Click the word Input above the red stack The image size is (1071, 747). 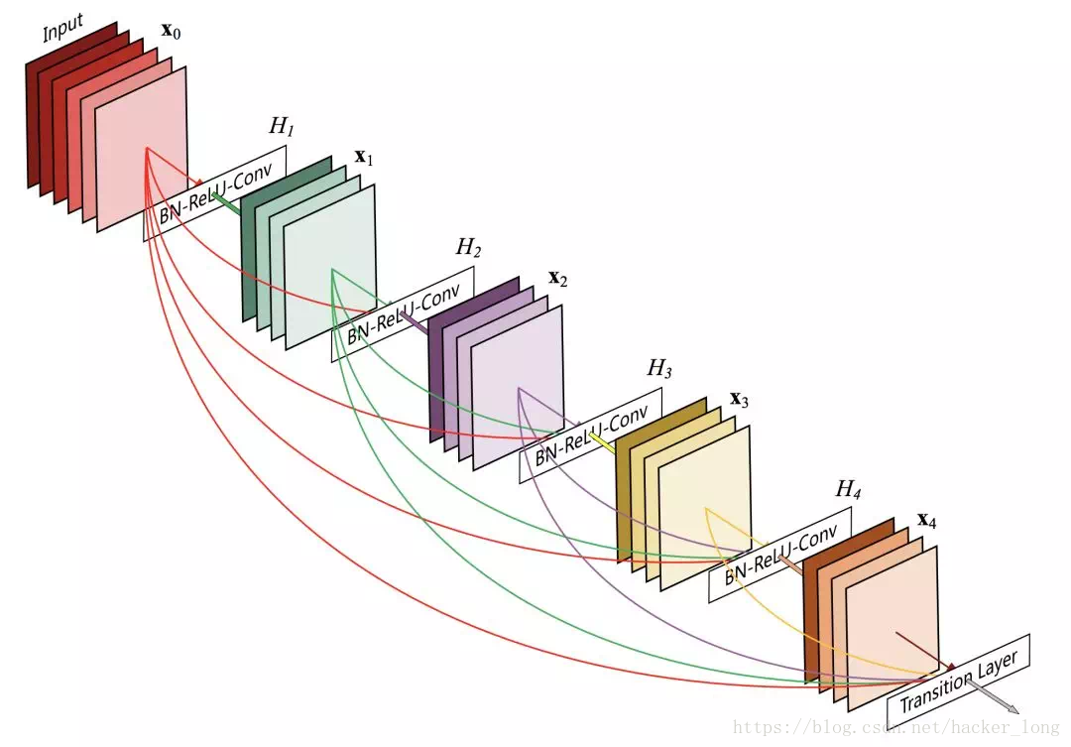(63, 32)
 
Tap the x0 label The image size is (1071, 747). (171, 30)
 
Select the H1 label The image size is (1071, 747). (282, 127)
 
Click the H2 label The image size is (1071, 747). (468, 248)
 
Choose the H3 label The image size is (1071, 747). (659, 369)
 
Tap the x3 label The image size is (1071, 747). (739, 399)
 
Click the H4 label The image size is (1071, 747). (849, 489)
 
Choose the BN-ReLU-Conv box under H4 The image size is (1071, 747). (780, 556)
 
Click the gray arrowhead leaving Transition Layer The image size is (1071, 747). (1011, 709)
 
